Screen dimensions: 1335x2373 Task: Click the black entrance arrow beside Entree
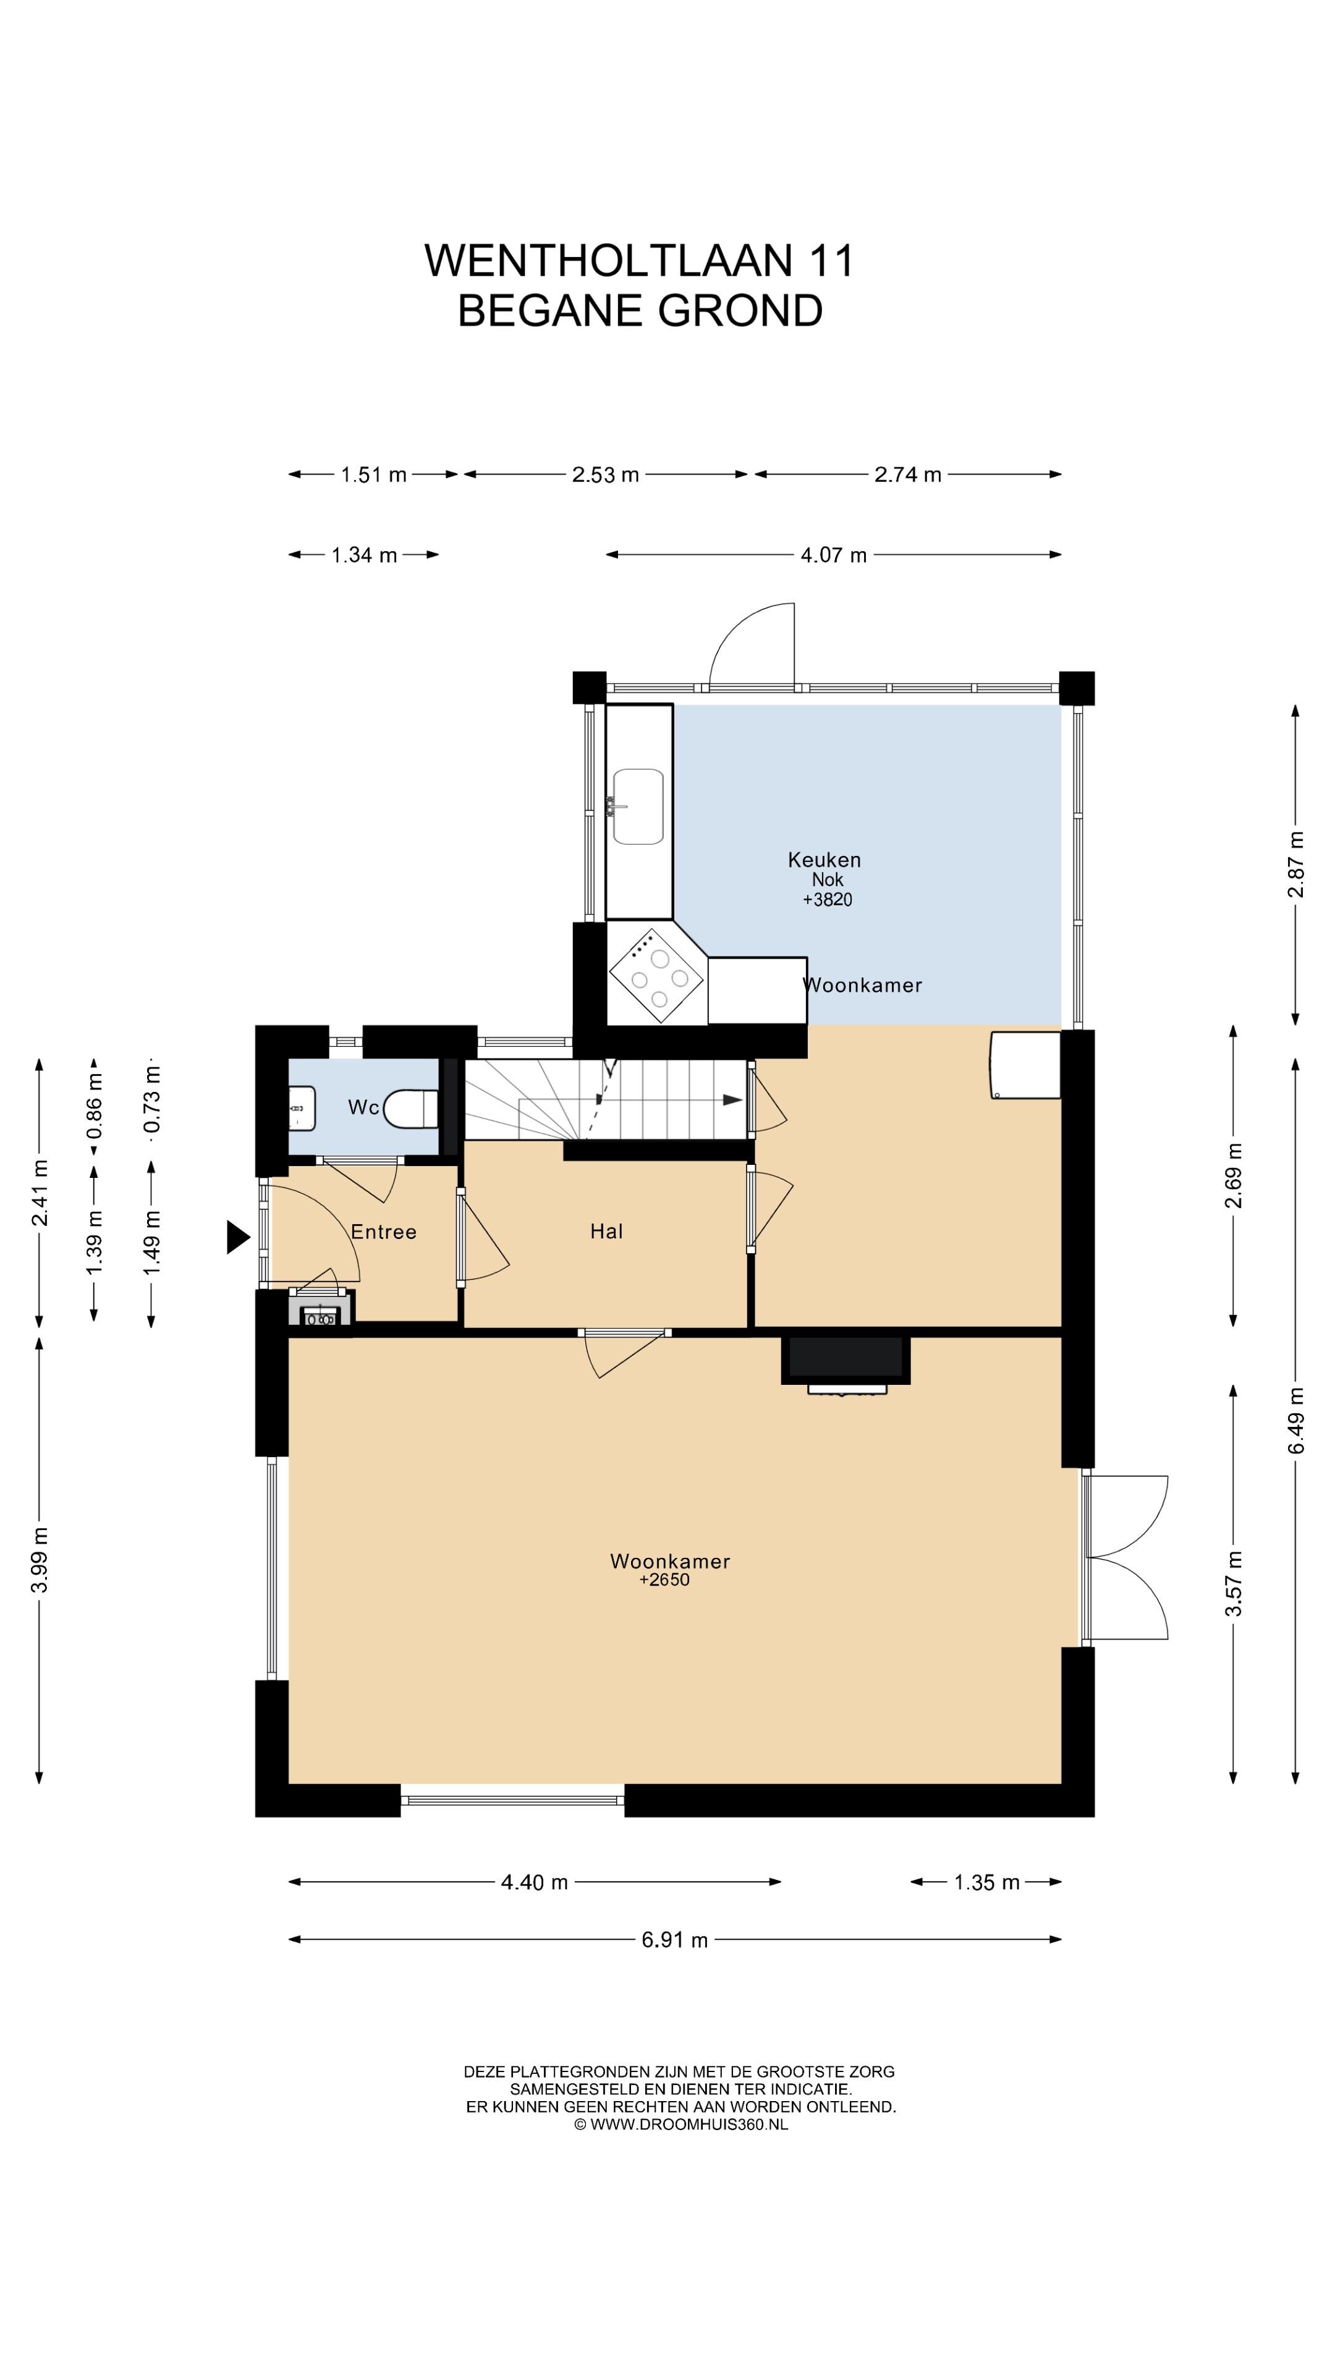[x=239, y=1237]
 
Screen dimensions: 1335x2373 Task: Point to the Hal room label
[x=606, y=1232]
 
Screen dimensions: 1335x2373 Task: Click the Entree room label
[x=383, y=1232]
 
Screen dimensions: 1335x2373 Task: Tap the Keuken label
[x=824, y=860]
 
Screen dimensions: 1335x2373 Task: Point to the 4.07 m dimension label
[x=834, y=554]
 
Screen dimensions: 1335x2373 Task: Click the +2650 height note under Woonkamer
[x=664, y=1580]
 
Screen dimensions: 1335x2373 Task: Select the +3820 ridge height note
[x=828, y=900]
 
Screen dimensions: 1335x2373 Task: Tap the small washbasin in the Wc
[x=302, y=1108]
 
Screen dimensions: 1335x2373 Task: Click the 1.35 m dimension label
[x=987, y=1882]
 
